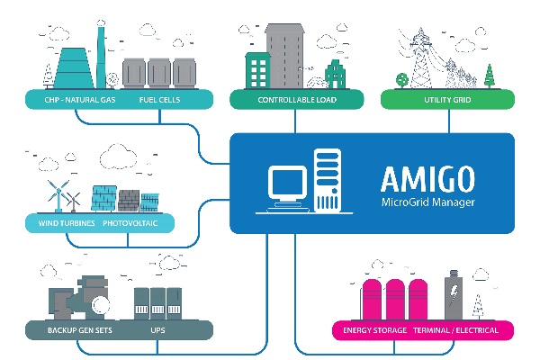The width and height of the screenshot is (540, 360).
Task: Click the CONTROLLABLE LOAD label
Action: [297, 100]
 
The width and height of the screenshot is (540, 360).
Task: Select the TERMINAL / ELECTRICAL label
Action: [454, 330]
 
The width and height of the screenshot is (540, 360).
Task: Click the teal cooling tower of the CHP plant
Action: [67, 68]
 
